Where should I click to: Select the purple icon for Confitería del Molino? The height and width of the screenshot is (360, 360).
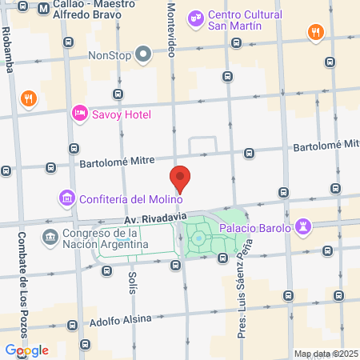tap(66, 198)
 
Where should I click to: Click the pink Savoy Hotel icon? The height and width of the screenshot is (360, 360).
tap(79, 114)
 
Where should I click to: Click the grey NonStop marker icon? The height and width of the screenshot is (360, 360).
tap(143, 54)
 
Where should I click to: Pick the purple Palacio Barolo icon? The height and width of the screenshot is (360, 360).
tap(302, 227)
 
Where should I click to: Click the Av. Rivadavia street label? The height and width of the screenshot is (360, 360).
tap(155, 217)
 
